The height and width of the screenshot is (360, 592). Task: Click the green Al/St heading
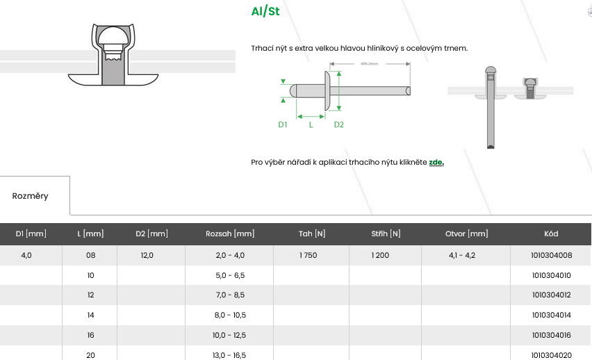point(265,11)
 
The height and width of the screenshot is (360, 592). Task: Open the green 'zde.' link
point(436,162)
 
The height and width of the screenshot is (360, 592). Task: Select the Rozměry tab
point(30,196)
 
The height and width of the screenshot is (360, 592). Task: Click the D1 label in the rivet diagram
point(282,124)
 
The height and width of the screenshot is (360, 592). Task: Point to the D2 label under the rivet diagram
point(338,124)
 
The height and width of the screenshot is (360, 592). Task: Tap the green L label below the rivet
point(311,124)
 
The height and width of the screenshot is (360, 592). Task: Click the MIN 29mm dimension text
point(369,64)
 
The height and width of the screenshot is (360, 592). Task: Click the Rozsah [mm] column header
point(230,234)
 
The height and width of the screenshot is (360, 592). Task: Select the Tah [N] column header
point(312,234)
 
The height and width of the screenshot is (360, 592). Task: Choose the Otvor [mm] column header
point(467,234)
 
